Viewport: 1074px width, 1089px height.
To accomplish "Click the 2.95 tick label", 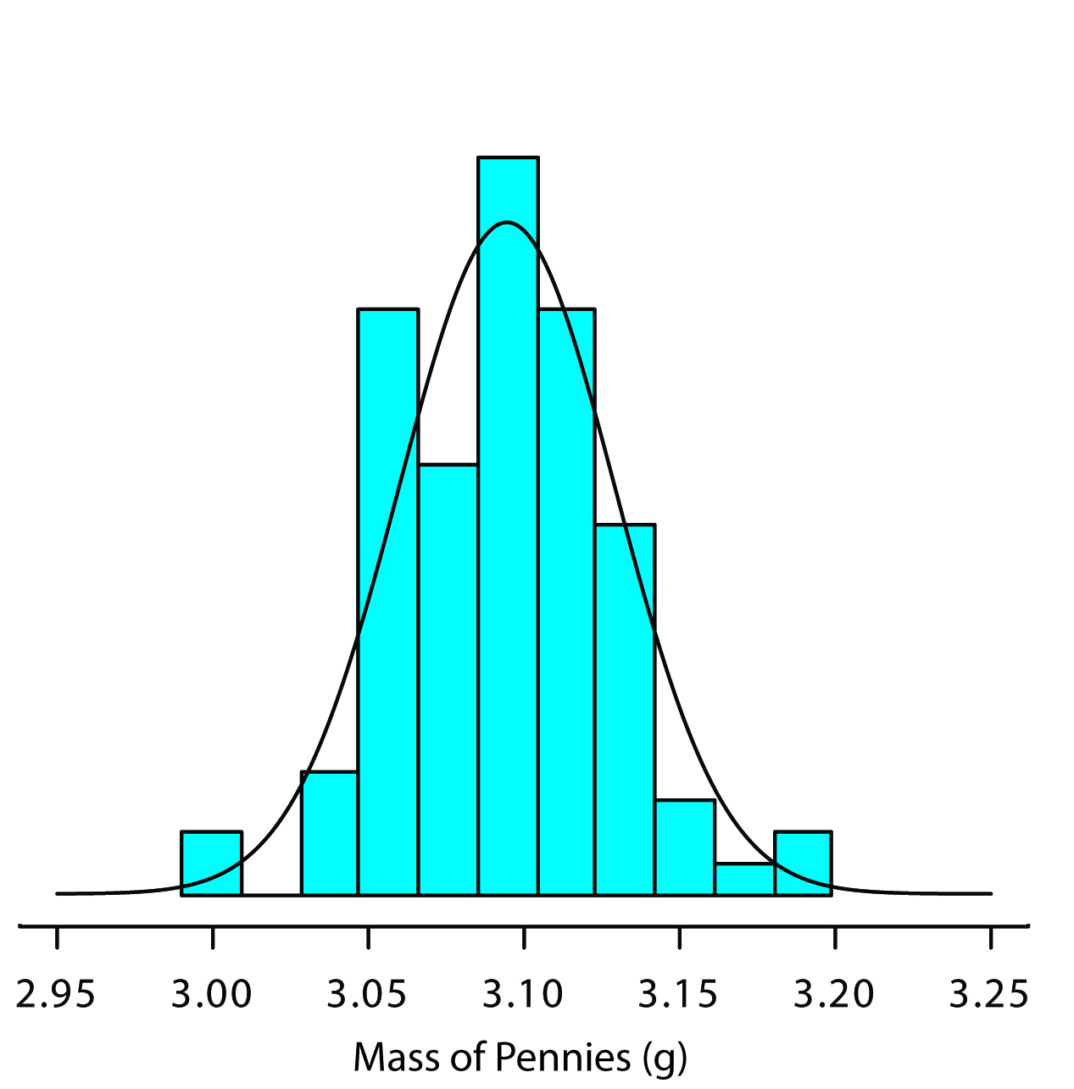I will coord(56,994).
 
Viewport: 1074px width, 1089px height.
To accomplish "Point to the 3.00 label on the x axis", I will coord(212,994).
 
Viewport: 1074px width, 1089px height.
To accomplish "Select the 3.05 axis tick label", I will coord(367,994).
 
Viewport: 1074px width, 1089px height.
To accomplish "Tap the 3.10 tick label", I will coord(523,994).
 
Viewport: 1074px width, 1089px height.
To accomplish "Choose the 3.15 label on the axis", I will coord(678,994).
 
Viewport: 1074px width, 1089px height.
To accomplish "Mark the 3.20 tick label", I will coord(834,994).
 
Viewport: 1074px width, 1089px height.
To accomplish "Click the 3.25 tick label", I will coord(989,994).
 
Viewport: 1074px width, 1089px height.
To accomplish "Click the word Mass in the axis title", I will coord(388,1057).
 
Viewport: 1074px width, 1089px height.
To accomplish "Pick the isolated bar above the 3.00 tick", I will coord(211,863).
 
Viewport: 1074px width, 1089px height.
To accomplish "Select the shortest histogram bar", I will coord(744,879).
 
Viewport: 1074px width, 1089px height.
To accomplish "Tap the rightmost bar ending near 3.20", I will coord(803,863).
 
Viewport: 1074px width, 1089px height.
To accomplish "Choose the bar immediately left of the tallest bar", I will coord(448,678).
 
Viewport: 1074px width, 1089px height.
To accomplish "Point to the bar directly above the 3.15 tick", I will coord(685,847).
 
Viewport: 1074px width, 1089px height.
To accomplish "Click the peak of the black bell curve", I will coord(507,223).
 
